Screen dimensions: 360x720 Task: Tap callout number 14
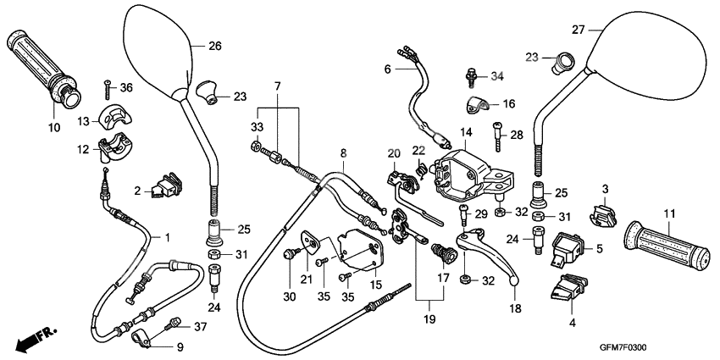click(x=465, y=132)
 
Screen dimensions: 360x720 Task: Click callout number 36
click(x=126, y=87)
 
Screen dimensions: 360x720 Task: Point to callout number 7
click(x=277, y=87)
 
